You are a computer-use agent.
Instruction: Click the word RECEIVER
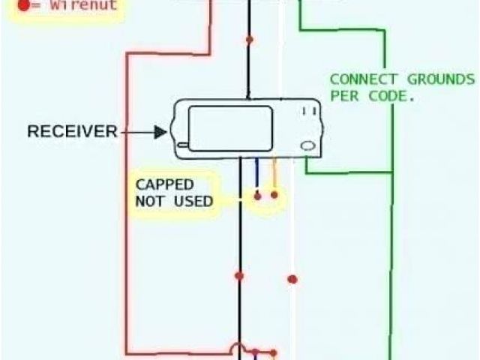click(72, 132)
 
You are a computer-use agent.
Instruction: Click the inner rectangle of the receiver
click(229, 128)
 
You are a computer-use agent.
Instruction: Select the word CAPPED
click(164, 184)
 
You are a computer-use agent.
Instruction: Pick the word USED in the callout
click(193, 201)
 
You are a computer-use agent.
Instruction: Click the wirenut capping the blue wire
click(257, 196)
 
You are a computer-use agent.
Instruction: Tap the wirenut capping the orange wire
click(274, 195)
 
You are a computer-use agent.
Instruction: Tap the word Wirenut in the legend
click(88, 5)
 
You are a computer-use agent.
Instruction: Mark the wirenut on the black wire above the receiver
click(249, 39)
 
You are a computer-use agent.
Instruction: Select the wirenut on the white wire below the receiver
click(292, 279)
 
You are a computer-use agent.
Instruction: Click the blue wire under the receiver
click(257, 176)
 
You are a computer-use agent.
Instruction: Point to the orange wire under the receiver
click(274, 176)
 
